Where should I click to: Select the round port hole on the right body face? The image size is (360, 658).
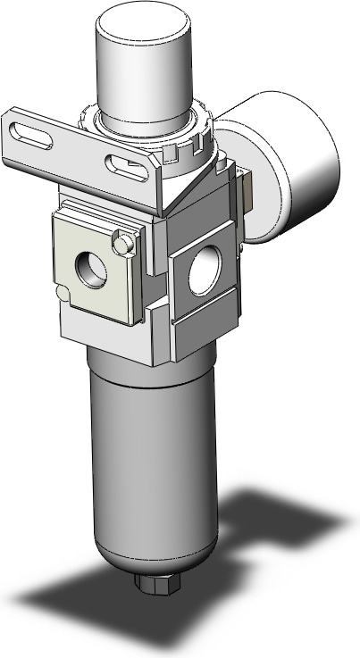[203, 279]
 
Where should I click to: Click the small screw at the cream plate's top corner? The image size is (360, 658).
[123, 244]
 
